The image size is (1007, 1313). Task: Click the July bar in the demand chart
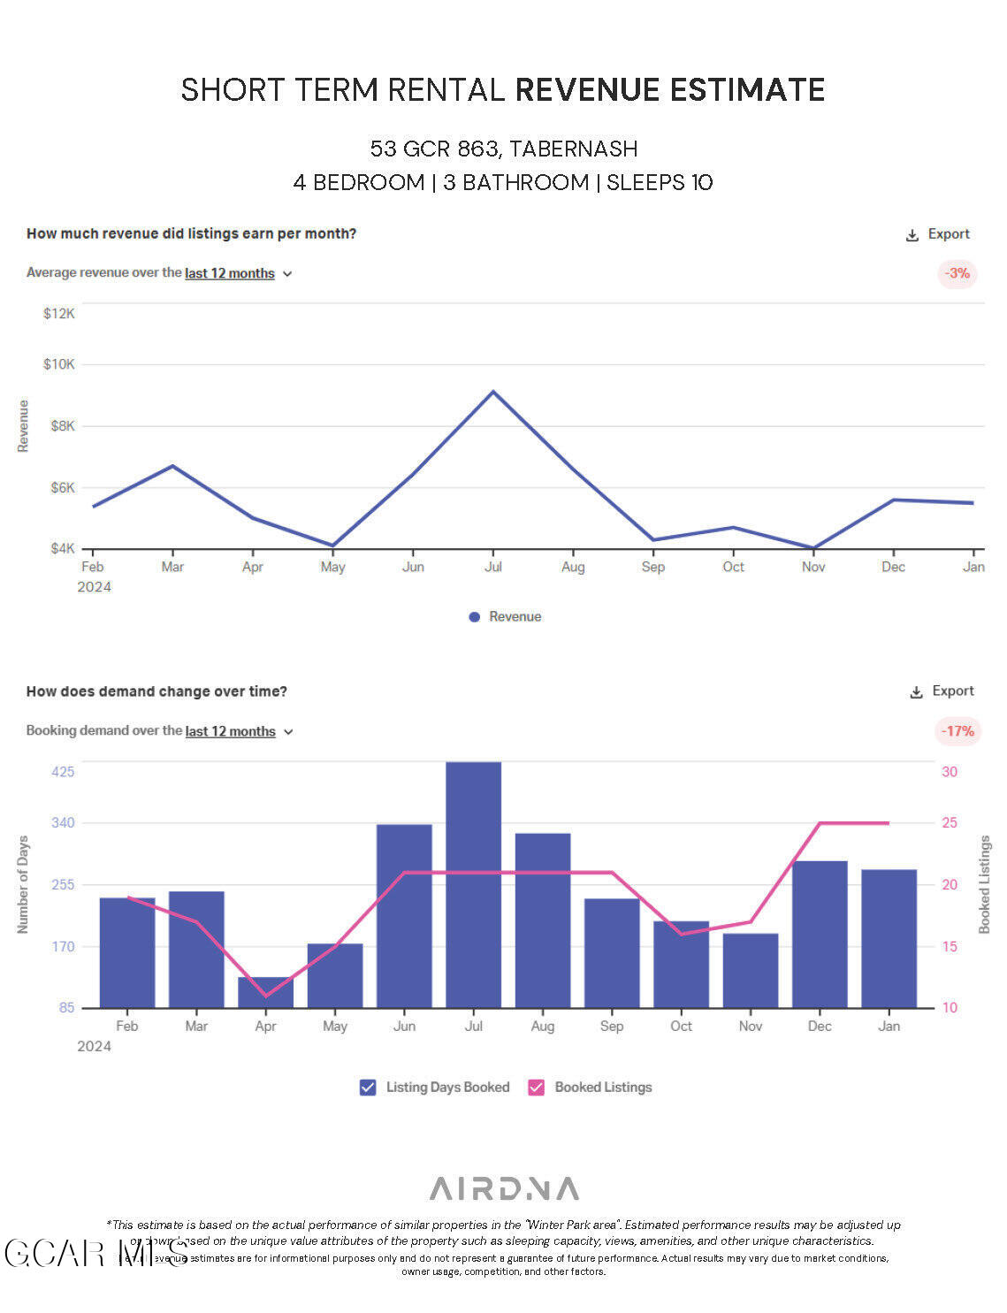tap(473, 884)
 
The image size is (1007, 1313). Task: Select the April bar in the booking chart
tap(265, 992)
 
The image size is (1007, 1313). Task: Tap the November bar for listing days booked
tap(750, 970)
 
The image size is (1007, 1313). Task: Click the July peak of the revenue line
tap(493, 392)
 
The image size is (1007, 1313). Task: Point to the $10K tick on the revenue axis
tap(59, 364)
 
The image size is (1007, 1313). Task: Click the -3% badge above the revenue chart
tap(957, 273)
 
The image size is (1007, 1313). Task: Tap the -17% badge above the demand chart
tap(957, 731)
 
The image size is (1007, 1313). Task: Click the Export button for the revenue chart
tap(938, 234)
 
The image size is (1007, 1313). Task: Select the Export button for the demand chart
tap(942, 691)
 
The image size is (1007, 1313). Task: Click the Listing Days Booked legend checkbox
tap(368, 1088)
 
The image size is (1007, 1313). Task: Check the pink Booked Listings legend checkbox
tap(536, 1088)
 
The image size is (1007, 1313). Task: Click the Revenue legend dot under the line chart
tap(475, 617)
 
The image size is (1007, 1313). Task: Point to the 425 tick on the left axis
tap(63, 772)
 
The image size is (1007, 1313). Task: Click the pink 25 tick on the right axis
tap(950, 822)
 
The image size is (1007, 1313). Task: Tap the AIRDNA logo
tap(504, 1188)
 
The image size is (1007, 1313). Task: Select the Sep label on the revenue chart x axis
tap(652, 567)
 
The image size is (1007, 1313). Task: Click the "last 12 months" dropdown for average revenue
tap(238, 274)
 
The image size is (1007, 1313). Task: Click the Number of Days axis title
tap(23, 884)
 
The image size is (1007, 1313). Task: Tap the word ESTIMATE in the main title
tap(747, 90)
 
